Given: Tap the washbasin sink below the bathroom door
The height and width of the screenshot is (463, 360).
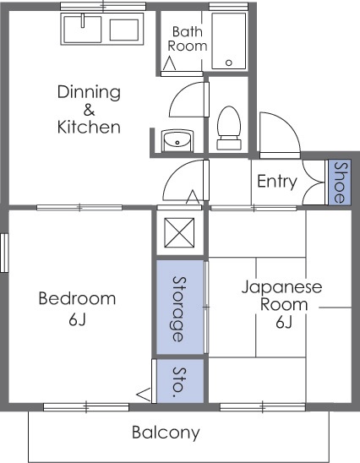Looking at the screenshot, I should click(177, 140).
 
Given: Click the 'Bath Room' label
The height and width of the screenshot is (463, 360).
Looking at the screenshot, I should click(188, 39).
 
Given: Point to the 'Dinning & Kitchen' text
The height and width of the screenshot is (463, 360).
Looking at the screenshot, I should click(89, 110).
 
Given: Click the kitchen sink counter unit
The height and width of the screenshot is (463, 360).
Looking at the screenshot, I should click(102, 30).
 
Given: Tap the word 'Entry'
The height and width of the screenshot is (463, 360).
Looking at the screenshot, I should click(276, 181).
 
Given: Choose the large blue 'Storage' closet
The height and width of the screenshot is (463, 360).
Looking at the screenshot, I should click(180, 308).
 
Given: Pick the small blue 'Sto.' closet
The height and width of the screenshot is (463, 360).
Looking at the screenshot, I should click(179, 381).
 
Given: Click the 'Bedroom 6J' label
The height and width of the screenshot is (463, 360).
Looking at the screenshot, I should click(77, 308).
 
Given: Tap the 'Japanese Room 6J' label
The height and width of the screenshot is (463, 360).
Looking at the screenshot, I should click(282, 304).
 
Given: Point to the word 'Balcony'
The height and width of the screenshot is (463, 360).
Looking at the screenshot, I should click(166, 433).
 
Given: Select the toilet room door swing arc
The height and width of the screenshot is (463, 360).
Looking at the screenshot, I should click(188, 101).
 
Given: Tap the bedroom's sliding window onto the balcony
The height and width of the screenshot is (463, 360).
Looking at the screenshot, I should click(85, 407).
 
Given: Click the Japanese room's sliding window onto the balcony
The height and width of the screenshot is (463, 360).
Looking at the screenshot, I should click(263, 407).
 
